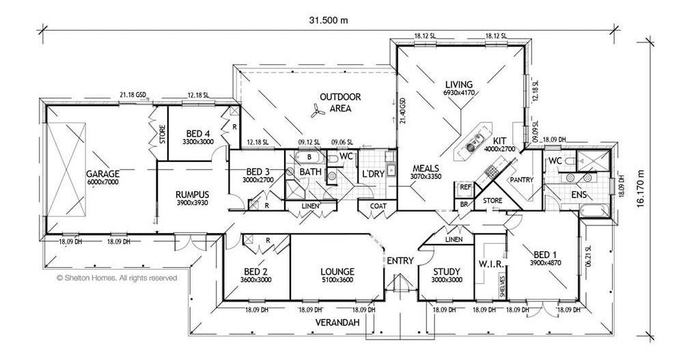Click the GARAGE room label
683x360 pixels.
[x=103, y=174]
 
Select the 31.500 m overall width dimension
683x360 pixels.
[x=327, y=20]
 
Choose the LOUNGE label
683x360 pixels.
[x=338, y=271]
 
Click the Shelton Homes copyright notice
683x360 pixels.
[x=117, y=278]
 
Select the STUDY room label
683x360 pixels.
[x=447, y=271]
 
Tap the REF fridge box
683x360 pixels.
[x=465, y=186]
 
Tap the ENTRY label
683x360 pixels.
[x=399, y=260]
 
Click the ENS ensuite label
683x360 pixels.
[x=578, y=195]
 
